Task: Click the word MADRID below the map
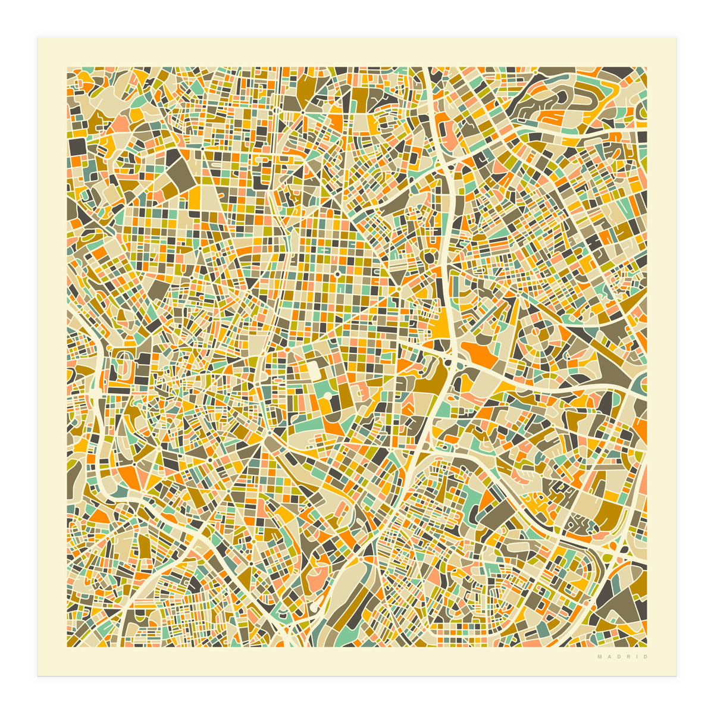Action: click(x=622, y=657)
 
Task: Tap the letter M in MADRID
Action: click(x=600, y=657)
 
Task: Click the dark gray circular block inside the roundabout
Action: click(x=428, y=258)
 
